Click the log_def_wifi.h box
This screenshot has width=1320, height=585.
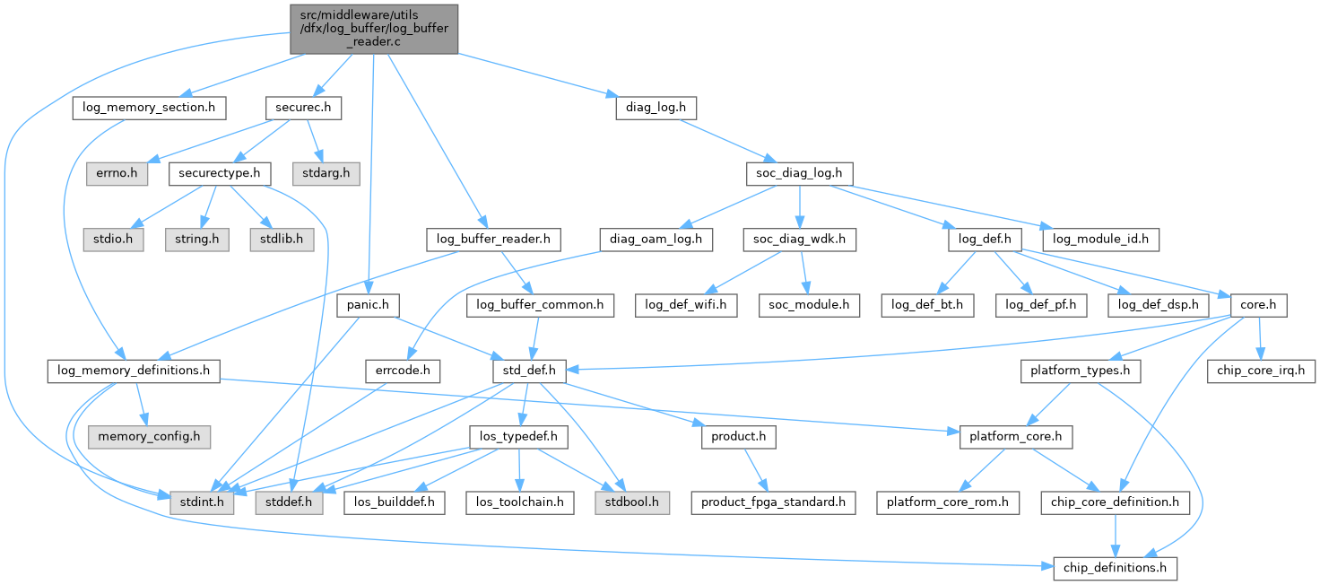click(686, 305)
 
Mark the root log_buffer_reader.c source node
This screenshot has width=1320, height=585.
click(374, 29)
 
